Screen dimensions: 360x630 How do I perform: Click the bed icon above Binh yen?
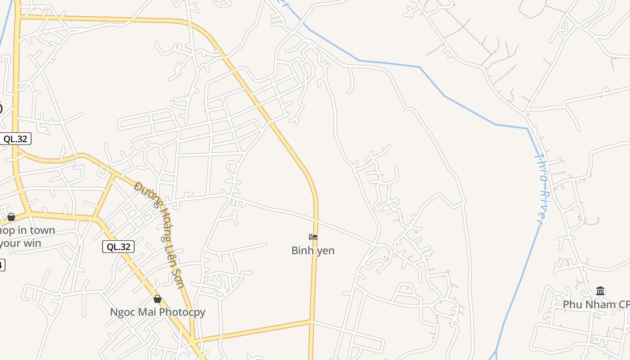point(313,237)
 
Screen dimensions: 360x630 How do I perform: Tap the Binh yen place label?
point(313,251)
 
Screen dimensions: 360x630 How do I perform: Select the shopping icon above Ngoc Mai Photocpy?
point(157,299)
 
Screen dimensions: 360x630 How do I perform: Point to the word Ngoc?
point(122,312)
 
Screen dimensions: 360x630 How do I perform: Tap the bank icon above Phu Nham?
point(600,291)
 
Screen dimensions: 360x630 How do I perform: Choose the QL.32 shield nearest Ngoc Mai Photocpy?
point(118,247)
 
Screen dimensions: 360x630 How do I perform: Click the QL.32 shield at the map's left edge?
point(16,139)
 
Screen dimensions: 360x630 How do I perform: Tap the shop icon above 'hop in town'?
point(11,217)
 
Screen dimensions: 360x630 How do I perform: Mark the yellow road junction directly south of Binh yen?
point(311,321)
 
